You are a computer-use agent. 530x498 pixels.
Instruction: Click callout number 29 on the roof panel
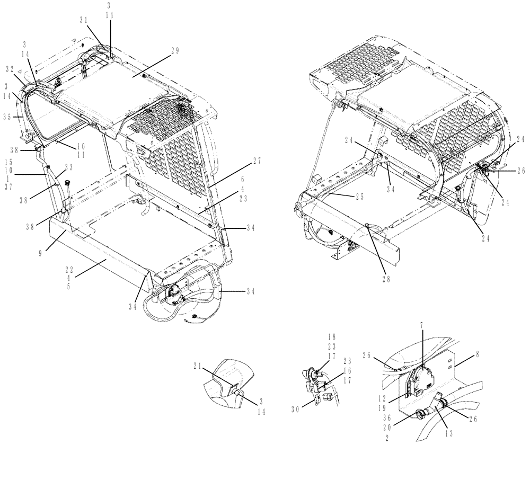tap(174, 51)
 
